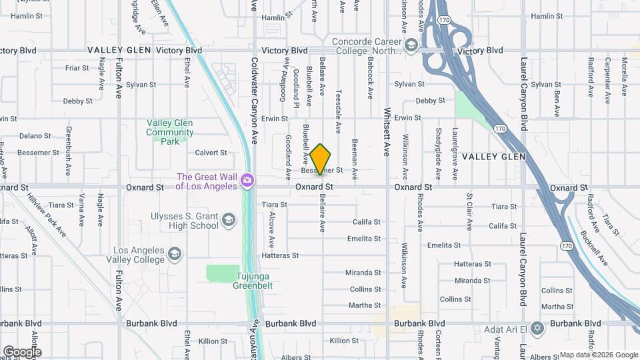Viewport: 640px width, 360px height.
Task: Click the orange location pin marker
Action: [321, 159]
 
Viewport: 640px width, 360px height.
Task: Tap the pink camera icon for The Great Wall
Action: [247, 181]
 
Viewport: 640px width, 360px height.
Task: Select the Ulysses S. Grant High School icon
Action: [229, 219]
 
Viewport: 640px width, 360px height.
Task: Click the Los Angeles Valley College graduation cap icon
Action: [174, 253]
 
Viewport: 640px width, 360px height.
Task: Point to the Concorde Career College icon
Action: [411, 45]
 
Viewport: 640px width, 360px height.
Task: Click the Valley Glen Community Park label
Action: [170, 132]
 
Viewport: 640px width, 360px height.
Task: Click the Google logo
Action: [21, 352]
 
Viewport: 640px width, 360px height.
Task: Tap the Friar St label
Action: [77, 68]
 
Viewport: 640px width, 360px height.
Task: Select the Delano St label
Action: [31, 136]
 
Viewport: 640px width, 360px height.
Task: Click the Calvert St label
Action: [211, 153]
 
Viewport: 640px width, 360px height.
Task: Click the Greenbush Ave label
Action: [68, 151]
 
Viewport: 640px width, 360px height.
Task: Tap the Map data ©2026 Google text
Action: [598, 355]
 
